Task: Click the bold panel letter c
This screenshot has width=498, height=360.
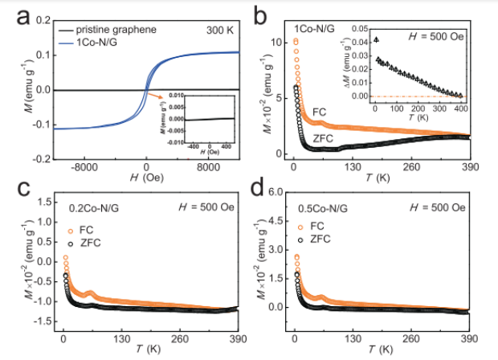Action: click(13, 190)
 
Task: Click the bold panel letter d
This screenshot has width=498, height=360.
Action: click(263, 190)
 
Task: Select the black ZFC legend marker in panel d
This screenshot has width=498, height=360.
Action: click(304, 239)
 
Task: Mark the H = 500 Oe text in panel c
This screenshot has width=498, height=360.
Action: click(206, 208)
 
